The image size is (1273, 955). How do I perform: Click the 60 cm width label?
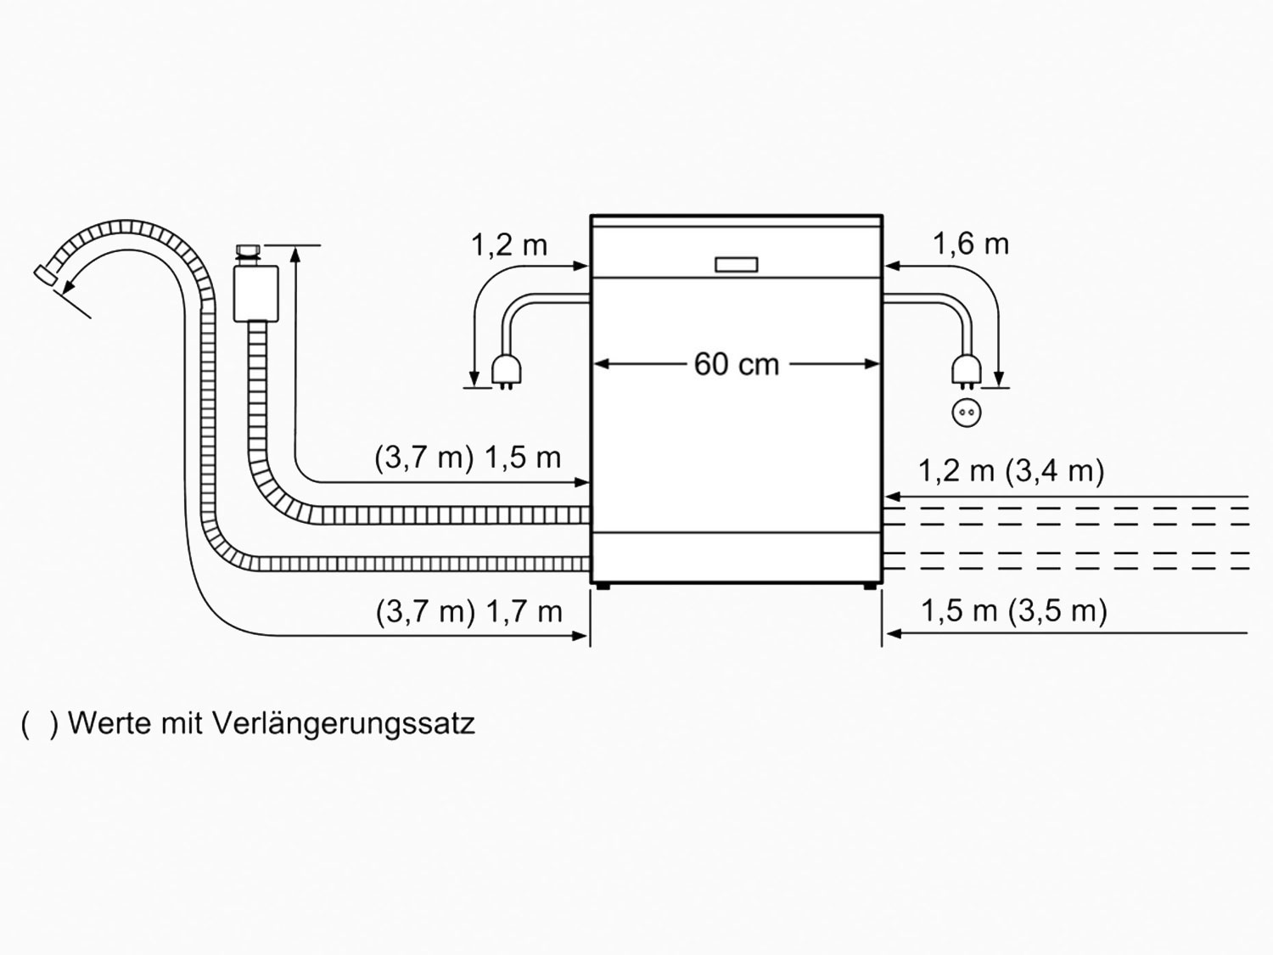(736, 365)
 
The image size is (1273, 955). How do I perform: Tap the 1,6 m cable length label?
(970, 244)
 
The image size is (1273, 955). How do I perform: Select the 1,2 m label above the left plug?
(509, 245)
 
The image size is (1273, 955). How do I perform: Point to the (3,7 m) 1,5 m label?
(468, 458)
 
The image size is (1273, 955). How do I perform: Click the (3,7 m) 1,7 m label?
(468, 612)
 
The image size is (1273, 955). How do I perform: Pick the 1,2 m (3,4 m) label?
(1012, 471)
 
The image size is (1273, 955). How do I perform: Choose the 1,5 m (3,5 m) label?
(1014, 610)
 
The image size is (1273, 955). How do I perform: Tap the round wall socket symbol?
(967, 413)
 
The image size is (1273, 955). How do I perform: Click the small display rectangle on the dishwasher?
(736, 264)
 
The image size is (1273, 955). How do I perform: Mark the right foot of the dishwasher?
(870, 587)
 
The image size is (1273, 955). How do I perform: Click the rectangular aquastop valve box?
(255, 294)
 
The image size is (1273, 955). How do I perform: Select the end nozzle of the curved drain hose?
(46, 275)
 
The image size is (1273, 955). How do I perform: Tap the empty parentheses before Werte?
(39, 725)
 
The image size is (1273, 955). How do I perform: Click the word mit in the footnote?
(182, 723)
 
